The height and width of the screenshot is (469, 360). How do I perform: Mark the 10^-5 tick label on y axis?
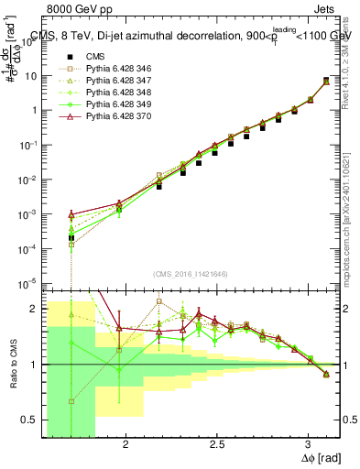(x=28, y=283)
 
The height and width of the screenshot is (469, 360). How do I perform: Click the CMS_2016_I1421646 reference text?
(x=191, y=273)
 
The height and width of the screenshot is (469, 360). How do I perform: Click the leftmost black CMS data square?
(x=71, y=238)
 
